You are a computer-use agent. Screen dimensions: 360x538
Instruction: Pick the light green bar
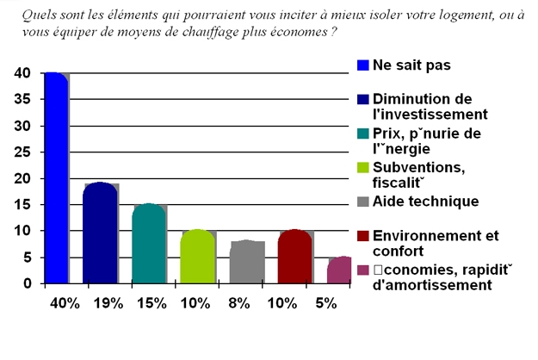[x=197, y=257]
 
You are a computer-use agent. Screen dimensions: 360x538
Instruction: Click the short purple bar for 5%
[x=339, y=270]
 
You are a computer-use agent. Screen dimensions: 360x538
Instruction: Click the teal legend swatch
[x=363, y=133]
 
